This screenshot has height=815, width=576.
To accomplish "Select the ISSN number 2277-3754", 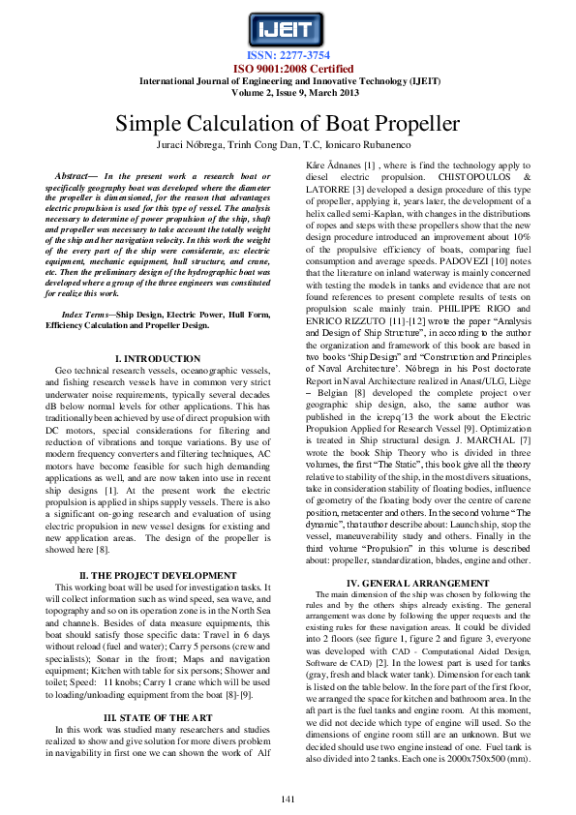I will (x=288, y=56).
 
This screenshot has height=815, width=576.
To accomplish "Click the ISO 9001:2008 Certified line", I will (x=288, y=69).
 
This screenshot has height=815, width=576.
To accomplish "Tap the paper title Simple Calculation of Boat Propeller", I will (x=288, y=124).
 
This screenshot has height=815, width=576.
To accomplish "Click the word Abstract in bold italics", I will (x=74, y=176).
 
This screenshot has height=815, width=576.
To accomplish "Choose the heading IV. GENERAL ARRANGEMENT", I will (x=417, y=583).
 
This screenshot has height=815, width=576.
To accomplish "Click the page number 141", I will (x=288, y=798).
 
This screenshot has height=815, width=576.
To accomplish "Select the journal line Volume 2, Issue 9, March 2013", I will (x=288, y=93).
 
